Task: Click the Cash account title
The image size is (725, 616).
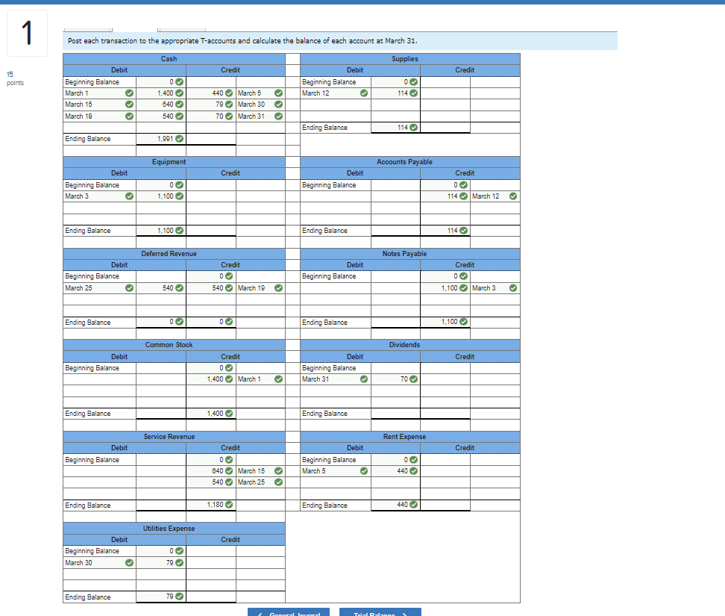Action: pos(169,58)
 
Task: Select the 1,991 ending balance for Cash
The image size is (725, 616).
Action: pos(166,139)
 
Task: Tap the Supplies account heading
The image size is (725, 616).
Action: pos(404,58)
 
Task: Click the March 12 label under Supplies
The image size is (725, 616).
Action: pos(316,93)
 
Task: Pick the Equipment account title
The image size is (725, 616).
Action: pos(169,161)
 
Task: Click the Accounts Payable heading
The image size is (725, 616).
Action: pos(404,161)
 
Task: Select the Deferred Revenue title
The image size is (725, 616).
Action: pos(169,254)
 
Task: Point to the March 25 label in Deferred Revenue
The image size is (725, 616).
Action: pos(79,288)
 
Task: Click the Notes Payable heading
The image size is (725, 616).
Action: pos(404,254)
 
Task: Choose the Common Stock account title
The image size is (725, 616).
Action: pos(169,345)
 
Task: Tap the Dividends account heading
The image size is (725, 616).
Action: pos(404,345)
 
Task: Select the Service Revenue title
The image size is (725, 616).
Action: pos(169,437)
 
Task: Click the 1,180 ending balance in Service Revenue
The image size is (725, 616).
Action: pos(216,505)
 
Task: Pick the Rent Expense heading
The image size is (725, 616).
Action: pos(404,437)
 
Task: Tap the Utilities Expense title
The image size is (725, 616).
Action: pos(169,529)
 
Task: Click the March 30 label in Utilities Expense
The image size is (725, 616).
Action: pos(79,563)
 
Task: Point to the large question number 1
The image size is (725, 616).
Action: pos(27,33)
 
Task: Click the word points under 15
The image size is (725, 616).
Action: pos(15,83)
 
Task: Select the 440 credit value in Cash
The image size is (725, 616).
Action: pos(218,93)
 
